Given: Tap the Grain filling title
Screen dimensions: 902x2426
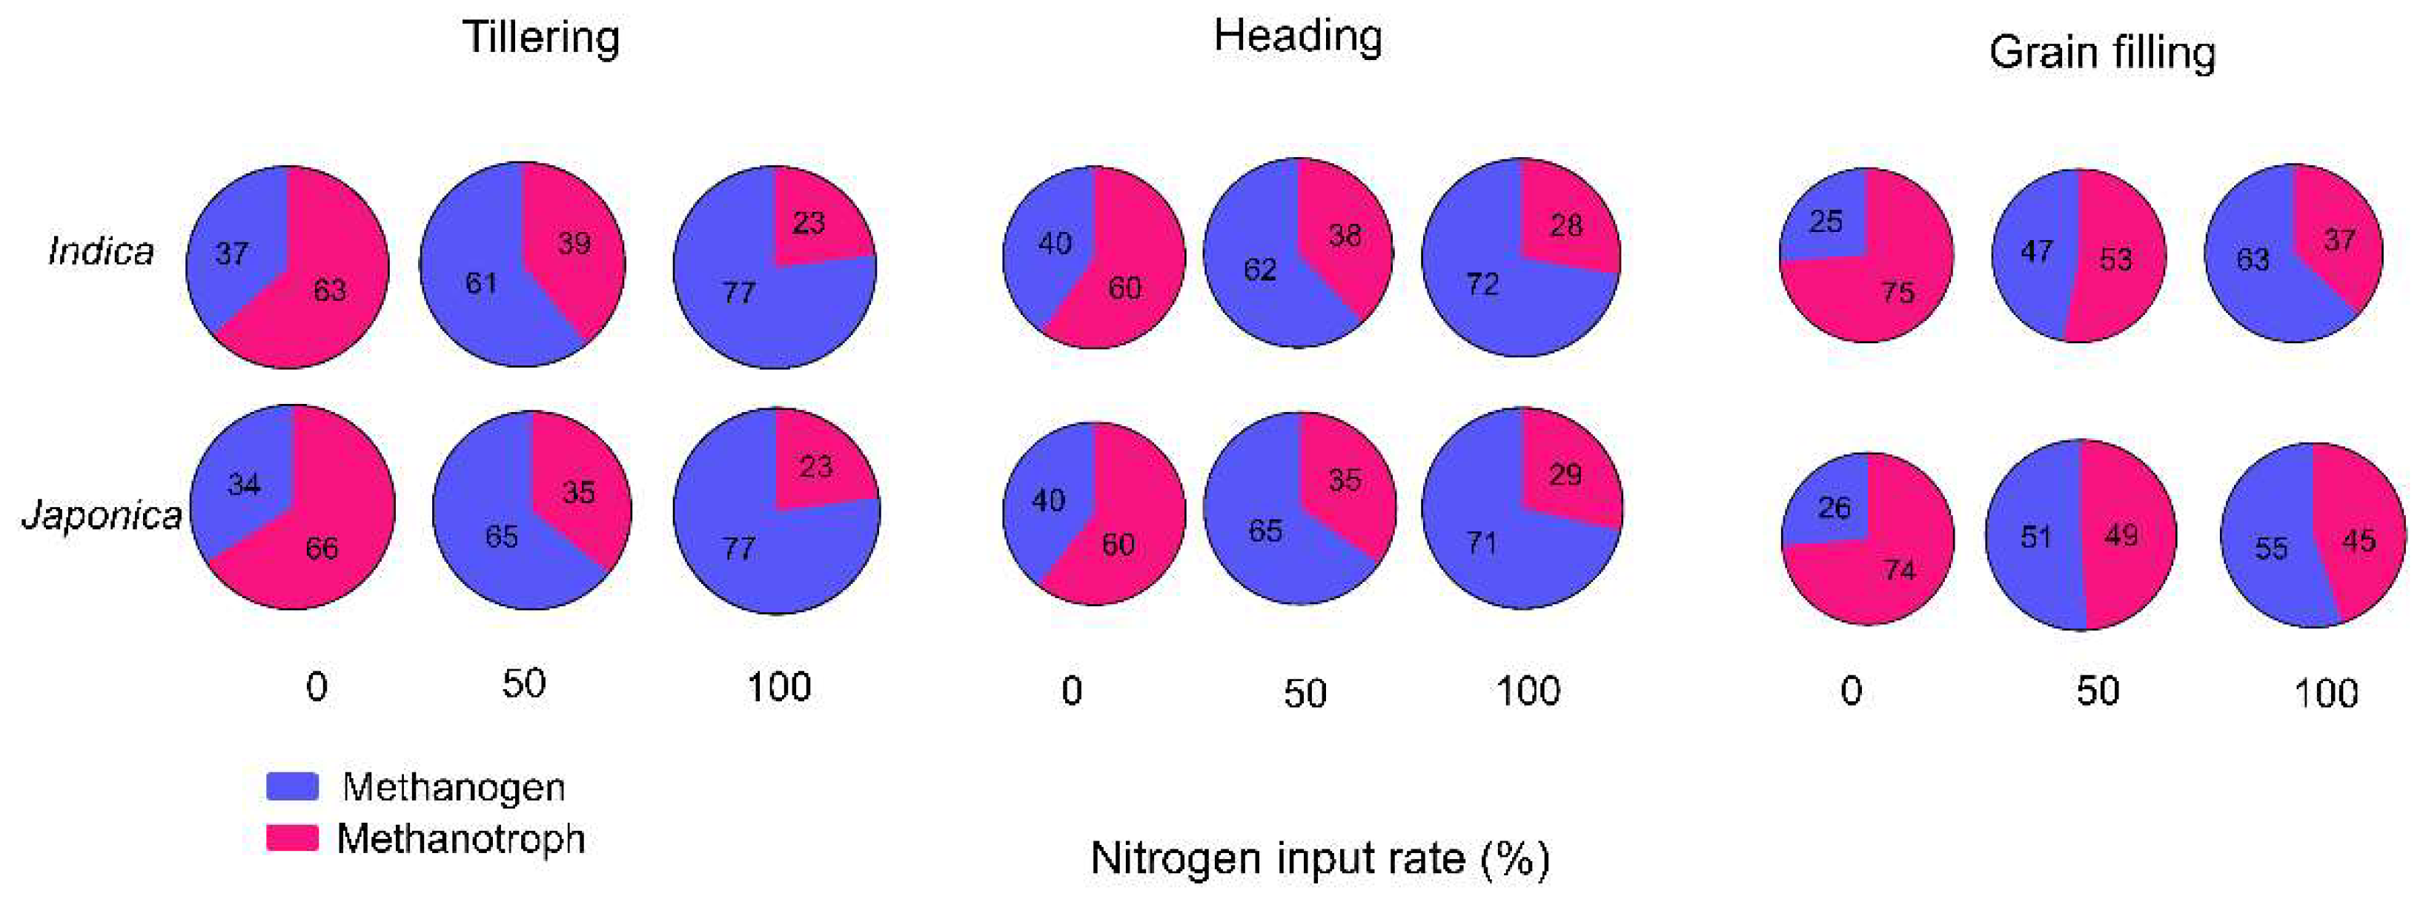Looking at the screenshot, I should [x=2102, y=53].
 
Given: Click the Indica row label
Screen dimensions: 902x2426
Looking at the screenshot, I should [x=101, y=251].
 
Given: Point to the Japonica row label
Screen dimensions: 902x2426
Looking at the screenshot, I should [x=102, y=515].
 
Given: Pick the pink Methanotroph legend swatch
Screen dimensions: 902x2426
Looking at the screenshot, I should [x=292, y=837].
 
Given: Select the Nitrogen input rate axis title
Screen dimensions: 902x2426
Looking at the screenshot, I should [x=1319, y=858].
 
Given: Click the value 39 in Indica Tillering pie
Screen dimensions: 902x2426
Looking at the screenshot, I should [x=574, y=244].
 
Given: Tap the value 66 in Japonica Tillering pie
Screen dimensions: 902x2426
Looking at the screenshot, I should [x=321, y=548].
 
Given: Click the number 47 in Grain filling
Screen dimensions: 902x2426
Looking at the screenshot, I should [x=2036, y=251].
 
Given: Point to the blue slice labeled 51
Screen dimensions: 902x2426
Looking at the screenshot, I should [x=2034, y=537].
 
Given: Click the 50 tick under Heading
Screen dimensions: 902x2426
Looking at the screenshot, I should [x=1305, y=694].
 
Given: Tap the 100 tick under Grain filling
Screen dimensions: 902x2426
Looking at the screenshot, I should [x=2325, y=694].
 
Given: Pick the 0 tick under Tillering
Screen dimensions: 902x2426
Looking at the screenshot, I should [x=316, y=687].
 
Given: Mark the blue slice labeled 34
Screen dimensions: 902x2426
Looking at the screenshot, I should [x=243, y=485].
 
